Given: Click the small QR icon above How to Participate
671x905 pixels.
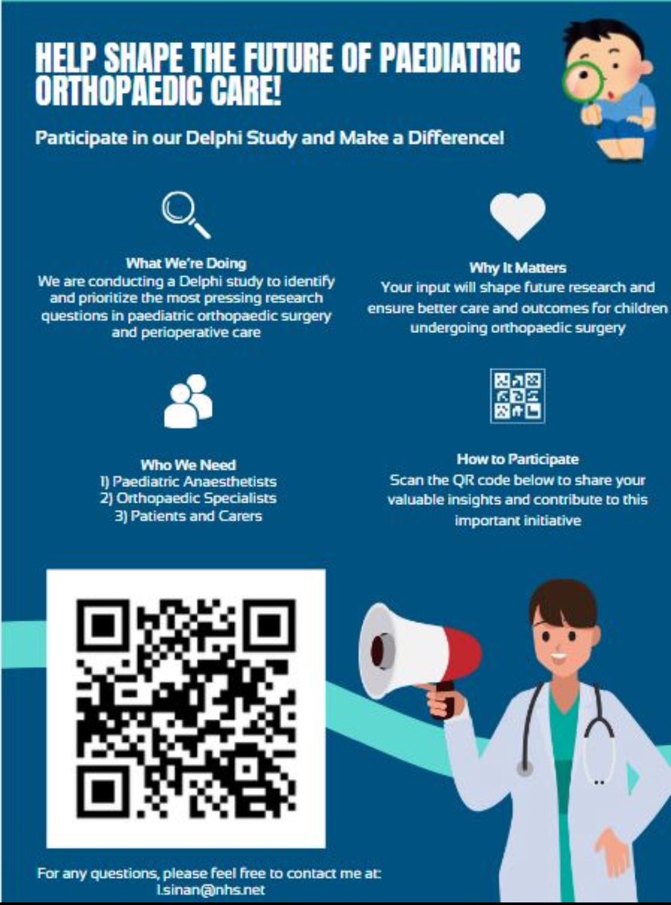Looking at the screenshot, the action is pos(518,396).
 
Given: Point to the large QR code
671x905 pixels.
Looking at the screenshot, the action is pos(186,709).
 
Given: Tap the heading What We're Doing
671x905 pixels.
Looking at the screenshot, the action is pos(186,264).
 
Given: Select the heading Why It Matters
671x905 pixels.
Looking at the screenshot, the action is pos(517,268).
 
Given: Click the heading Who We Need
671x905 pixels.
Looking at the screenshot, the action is pos(188,465).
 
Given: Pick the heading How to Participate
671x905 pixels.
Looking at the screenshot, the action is pos(517,459).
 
